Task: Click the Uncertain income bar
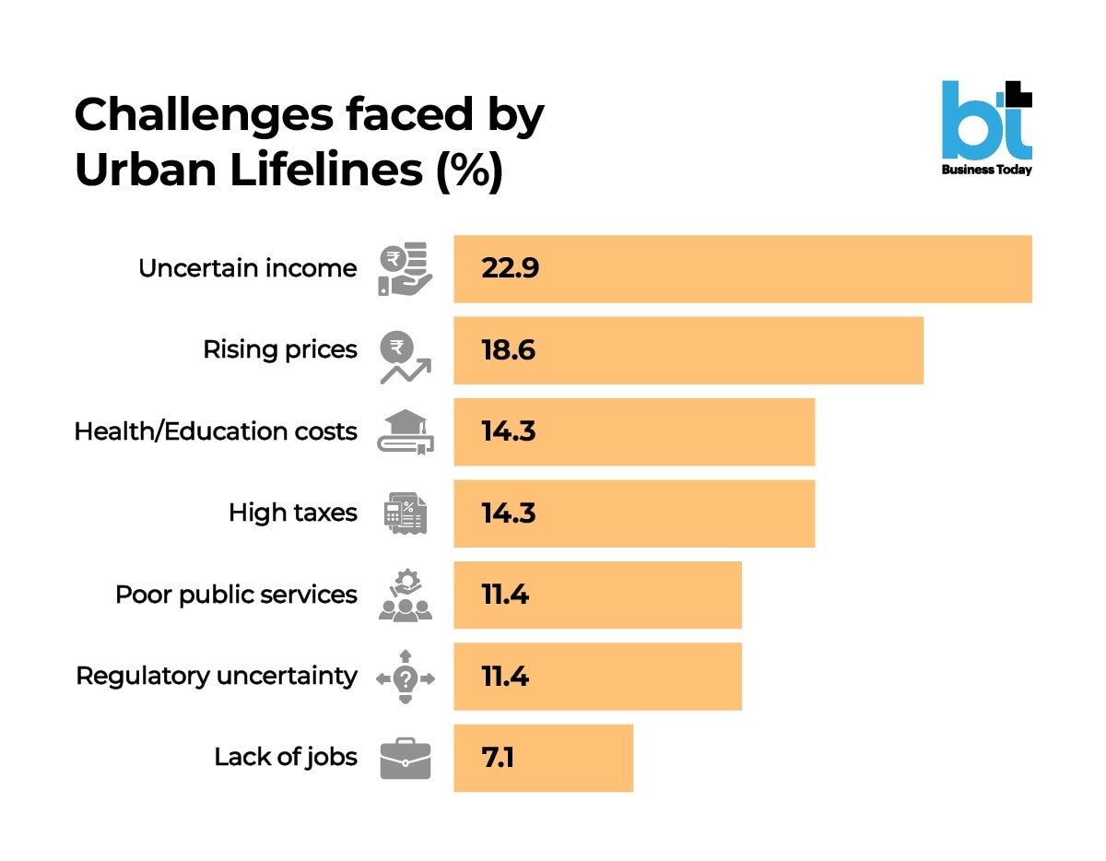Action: coord(742,269)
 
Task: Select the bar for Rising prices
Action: coord(688,350)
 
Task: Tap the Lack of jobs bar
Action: coord(543,758)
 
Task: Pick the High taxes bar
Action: coord(634,513)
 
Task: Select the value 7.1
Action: coord(498,758)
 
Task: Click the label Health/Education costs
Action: coord(216,431)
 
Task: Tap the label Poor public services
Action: coord(236,595)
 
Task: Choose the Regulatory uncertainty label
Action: coord(217,676)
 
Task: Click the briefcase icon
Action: coord(406,758)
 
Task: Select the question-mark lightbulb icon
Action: coord(406,677)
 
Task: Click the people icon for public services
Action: coord(406,596)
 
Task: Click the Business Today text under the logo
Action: coord(986,170)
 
